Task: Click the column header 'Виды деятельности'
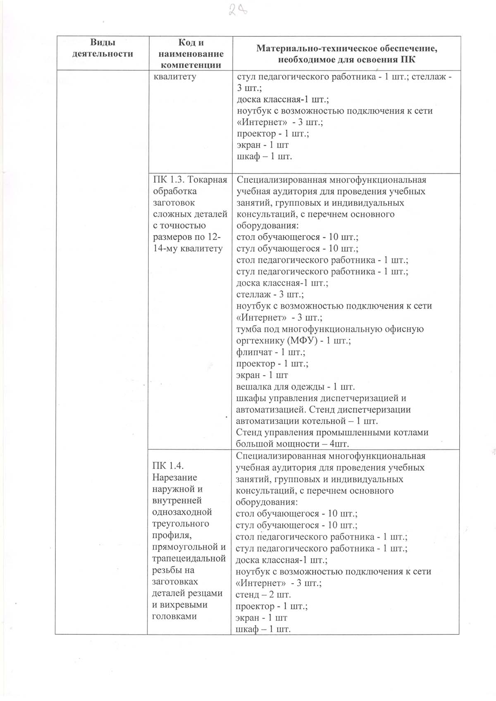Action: tap(103, 48)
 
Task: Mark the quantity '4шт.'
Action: tap(339, 444)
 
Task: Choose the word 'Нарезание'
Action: tap(175, 477)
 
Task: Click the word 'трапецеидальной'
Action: tap(189, 558)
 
